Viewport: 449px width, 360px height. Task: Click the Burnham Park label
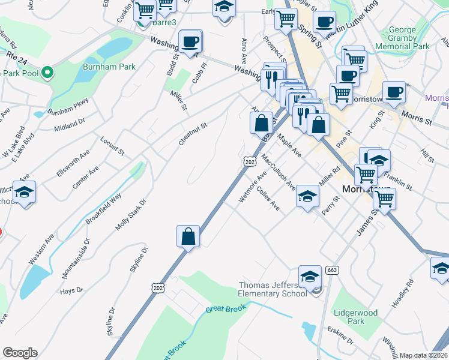[x=109, y=67]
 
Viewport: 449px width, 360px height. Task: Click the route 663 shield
[x=331, y=271]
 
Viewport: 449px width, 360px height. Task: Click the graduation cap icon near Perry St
[x=307, y=196]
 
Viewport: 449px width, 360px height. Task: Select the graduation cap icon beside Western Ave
[x=25, y=193]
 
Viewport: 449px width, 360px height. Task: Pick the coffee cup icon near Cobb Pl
[x=190, y=41]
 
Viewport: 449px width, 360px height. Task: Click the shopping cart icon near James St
[x=384, y=199]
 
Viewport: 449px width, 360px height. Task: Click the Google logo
[x=20, y=353]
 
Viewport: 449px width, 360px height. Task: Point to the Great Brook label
[x=223, y=310]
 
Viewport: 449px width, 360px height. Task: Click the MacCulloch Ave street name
[x=278, y=172]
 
